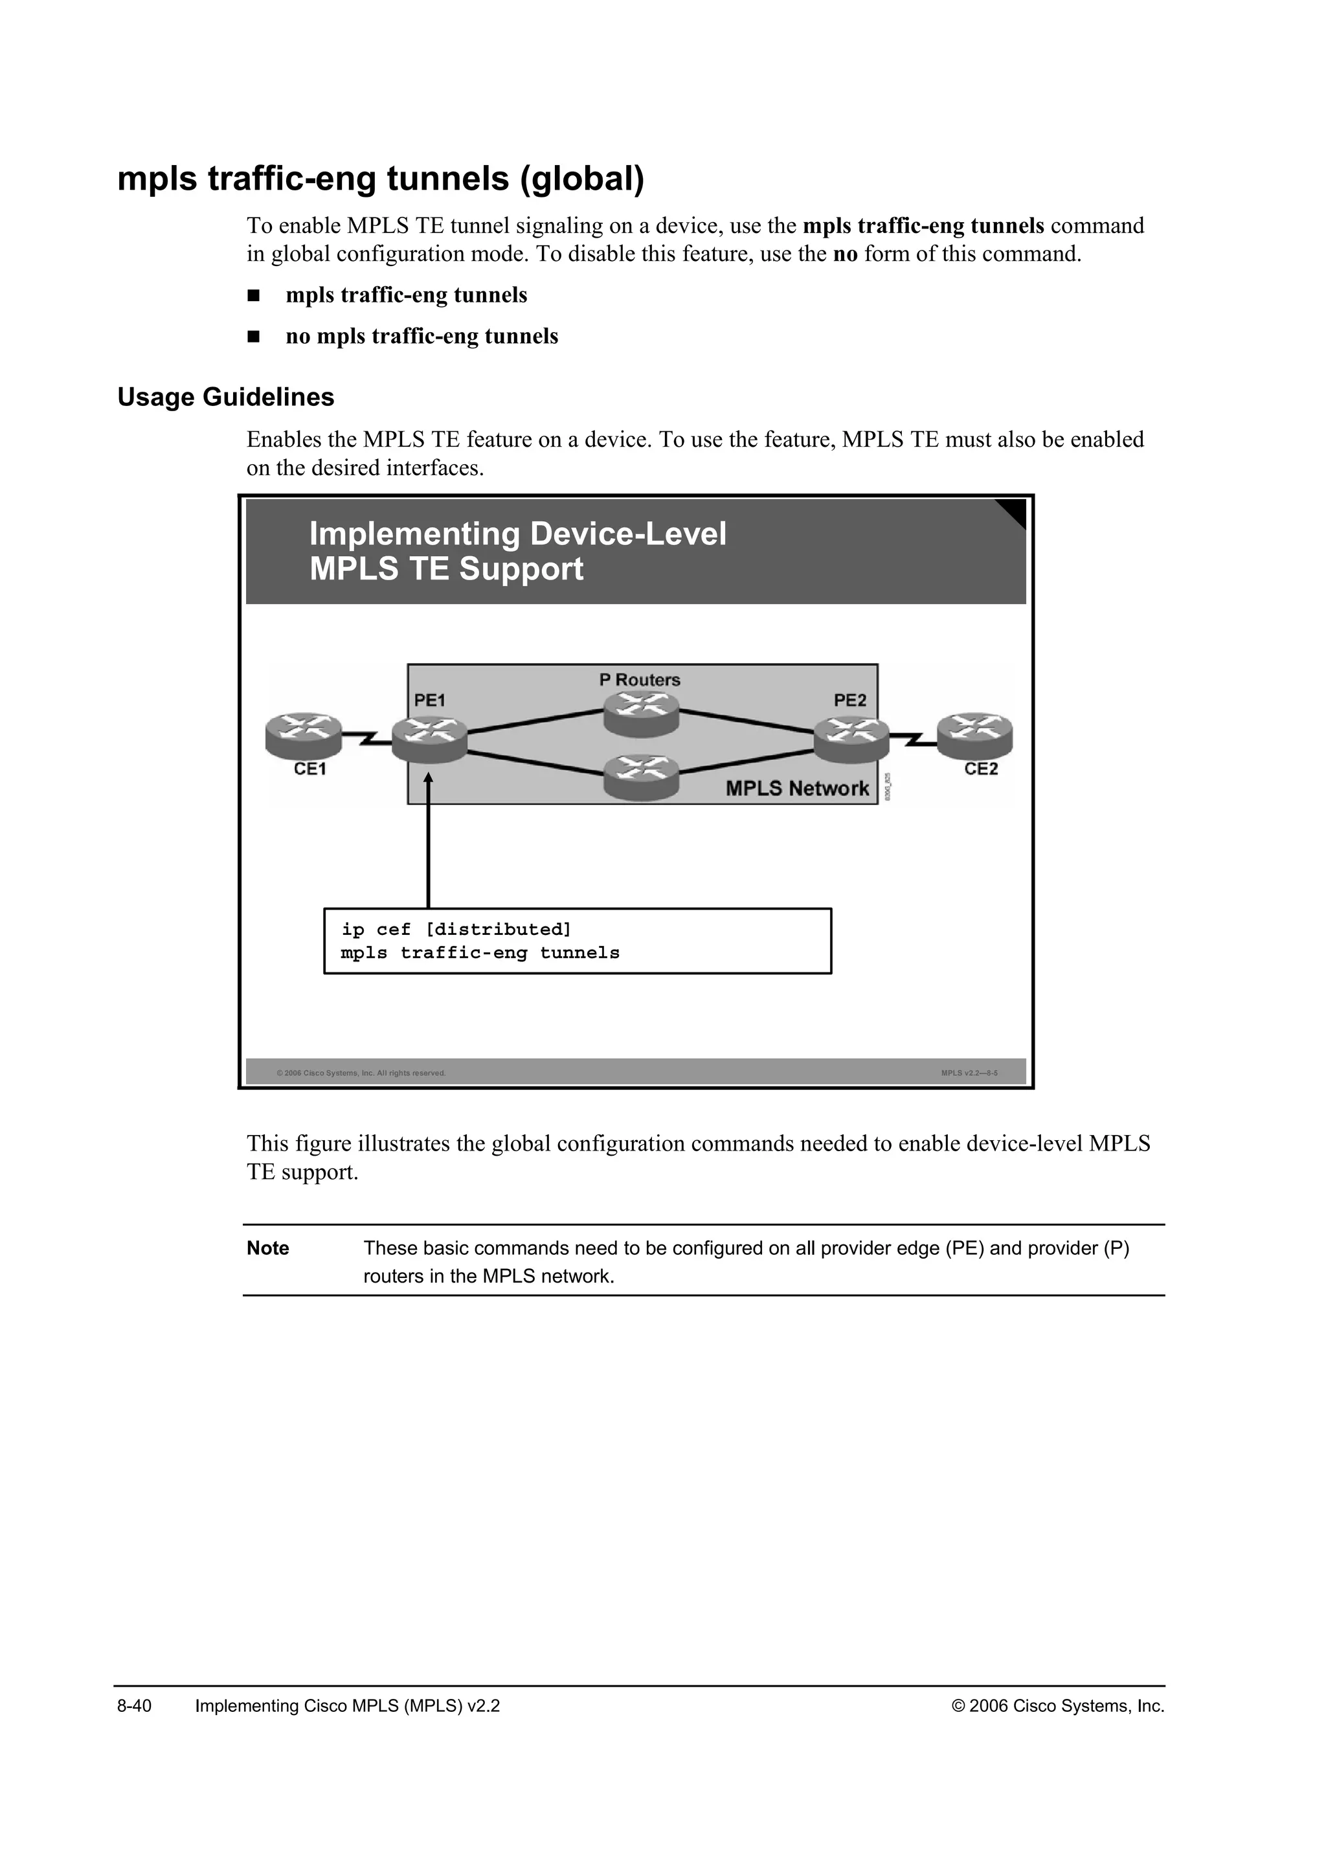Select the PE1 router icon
429,738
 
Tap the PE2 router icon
851,738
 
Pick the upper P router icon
642,712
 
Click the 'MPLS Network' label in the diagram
797,788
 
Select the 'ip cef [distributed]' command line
456,929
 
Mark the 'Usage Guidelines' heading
225,397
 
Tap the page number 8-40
135,1706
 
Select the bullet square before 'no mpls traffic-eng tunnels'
253,337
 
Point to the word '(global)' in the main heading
582,179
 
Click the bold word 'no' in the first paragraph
844,254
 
